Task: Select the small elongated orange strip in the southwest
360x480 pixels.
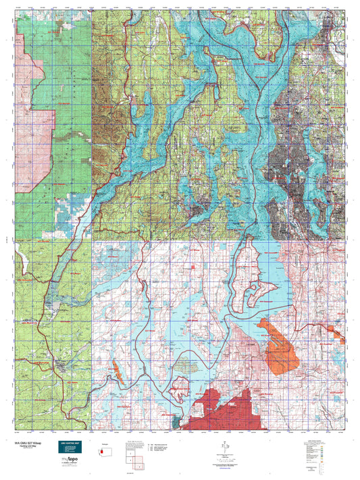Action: (x=117, y=370)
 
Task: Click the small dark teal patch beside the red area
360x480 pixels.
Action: (x=178, y=421)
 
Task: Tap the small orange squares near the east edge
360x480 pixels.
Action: (x=336, y=330)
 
